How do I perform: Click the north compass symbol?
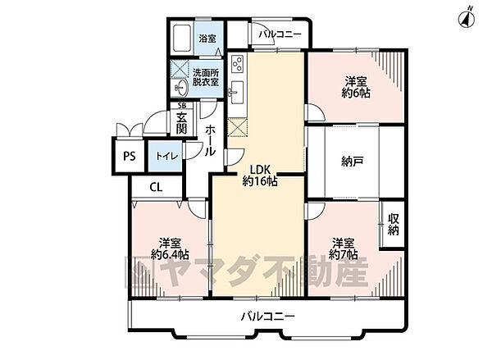[468, 16]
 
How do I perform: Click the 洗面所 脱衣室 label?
[207, 77]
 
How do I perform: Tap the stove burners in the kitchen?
[237, 62]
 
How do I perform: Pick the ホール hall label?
[211, 140]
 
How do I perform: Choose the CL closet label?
[155, 187]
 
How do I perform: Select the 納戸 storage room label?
[353, 162]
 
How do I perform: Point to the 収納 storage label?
[393, 225]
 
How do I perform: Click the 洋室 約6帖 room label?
[355, 86]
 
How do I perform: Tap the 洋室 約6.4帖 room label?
[171, 248]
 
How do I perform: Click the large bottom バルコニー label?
[267, 316]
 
